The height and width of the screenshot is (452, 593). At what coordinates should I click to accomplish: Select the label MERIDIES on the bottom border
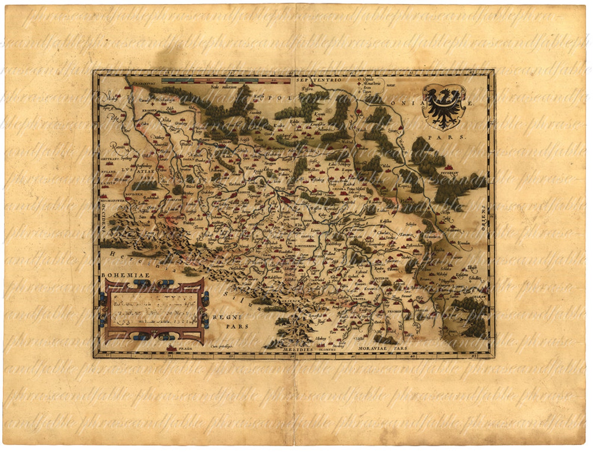[298, 350]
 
